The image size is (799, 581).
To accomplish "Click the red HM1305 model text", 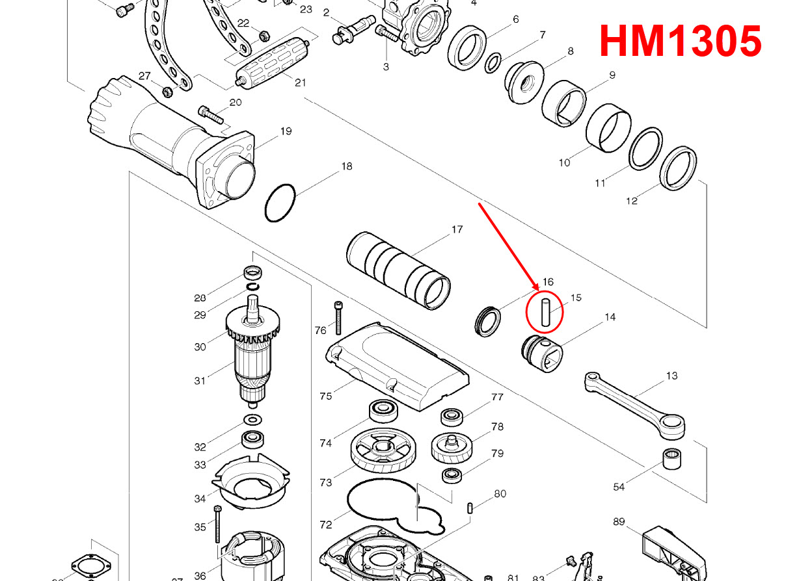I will click(680, 41).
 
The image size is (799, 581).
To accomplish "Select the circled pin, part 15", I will click(545, 312).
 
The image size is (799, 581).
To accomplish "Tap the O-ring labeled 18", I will click(280, 203).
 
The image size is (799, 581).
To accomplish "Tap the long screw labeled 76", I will click(338, 320).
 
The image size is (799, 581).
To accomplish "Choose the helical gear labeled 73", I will click(384, 452).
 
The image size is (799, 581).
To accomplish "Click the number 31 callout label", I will click(200, 381).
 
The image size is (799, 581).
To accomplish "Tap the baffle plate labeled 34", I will click(250, 484).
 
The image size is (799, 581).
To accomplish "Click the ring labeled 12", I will click(679, 168).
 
